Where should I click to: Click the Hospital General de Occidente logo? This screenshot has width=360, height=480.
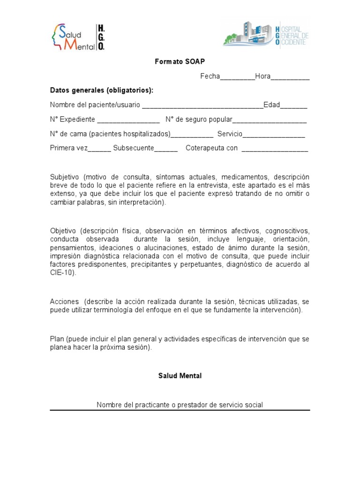[266, 34]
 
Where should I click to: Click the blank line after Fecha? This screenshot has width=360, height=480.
[237, 77]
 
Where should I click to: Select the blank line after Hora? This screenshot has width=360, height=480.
[290, 77]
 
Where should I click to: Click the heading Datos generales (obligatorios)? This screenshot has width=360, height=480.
[102, 90]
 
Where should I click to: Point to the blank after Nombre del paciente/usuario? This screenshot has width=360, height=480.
[202, 106]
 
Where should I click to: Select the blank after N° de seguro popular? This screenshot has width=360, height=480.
[270, 120]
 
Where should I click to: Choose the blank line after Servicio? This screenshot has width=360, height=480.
[273, 135]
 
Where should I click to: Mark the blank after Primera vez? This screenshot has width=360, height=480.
[99, 149]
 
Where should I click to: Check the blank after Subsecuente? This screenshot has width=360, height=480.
[166, 149]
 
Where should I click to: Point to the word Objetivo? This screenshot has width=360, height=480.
[64, 231]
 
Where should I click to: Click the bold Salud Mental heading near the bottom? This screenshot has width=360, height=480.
[180, 376]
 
